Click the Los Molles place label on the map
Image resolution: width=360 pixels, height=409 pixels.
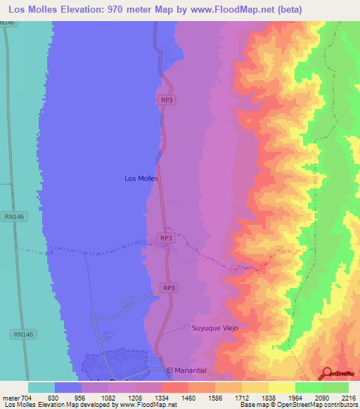point(141,178)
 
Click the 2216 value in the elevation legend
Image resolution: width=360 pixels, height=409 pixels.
point(348,397)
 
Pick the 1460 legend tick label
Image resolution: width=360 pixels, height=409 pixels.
point(188,397)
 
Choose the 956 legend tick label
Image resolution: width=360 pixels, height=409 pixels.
point(82,397)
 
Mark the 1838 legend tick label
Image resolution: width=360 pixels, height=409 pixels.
point(268,397)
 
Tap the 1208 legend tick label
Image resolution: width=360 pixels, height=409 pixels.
point(134,397)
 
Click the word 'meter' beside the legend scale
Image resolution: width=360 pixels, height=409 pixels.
point(11,397)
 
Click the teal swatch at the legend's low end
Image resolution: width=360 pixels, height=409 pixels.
point(41,387)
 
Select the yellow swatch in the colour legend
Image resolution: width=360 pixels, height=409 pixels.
point(282,387)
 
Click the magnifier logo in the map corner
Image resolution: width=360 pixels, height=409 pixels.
point(327,374)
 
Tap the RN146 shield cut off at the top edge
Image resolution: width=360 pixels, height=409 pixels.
point(8,23)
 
